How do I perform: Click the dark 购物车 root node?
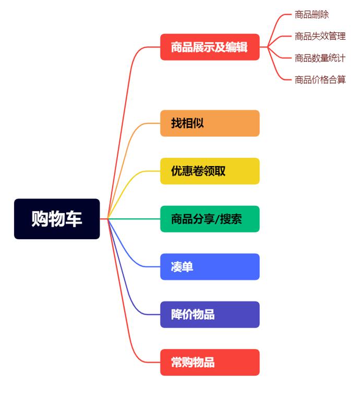(56, 219)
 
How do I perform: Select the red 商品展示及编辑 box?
(210, 47)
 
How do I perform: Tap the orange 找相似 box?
(210, 123)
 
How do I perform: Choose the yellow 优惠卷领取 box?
(210, 171)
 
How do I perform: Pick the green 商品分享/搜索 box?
(210, 219)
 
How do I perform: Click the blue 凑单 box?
(210, 267)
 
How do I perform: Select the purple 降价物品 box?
(210, 314)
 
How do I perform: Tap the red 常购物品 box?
(210, 363)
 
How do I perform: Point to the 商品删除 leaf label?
(311, 15)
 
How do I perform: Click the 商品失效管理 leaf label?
(320, 36)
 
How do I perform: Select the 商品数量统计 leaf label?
(320, 58)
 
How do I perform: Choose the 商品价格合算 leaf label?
(320, 79)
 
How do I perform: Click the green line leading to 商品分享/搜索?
(136, 219)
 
